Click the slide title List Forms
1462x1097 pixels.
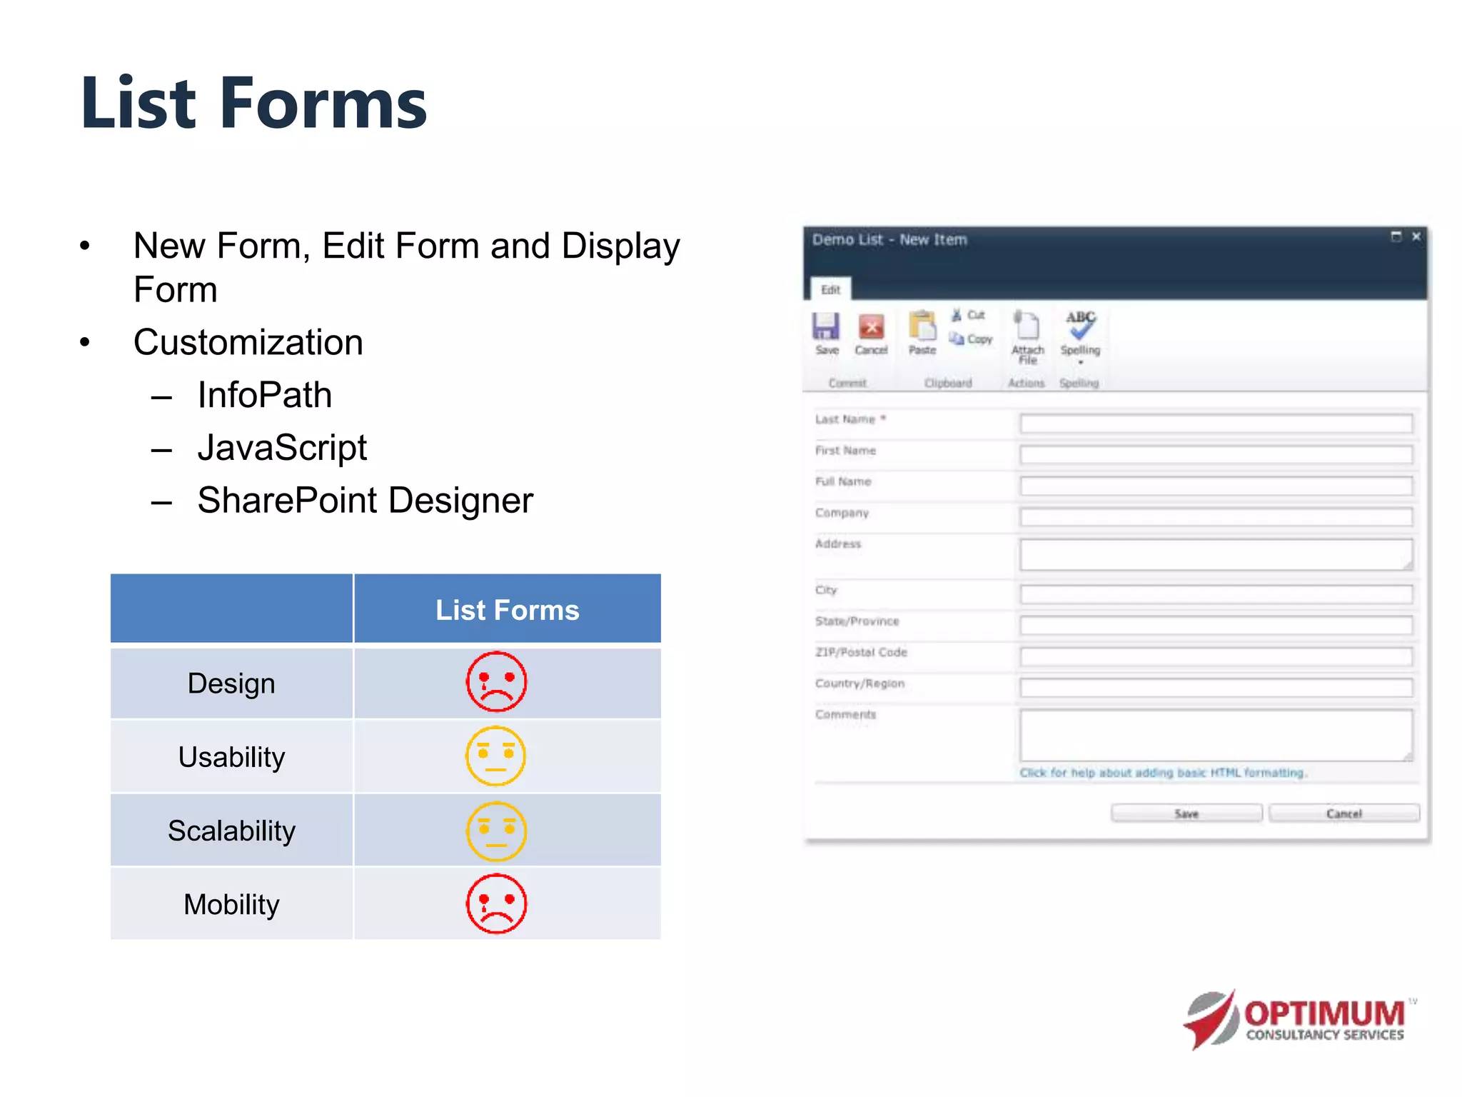tap(253, 104)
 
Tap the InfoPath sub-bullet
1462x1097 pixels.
tap(264, 395)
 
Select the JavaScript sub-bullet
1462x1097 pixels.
tap(282, 448)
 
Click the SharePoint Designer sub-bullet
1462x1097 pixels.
tap(365, 500)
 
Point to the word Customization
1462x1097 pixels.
tap(248, 342)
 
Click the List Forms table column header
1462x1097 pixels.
tap(507, 610)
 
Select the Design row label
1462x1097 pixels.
tap(231, 683)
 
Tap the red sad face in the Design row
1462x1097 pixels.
tap(496, 681)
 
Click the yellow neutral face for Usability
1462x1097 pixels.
tap(495, 756)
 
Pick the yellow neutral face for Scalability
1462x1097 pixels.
tap(496, 831)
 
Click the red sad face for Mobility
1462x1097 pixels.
tap(496, 903)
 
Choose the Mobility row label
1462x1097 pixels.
tap(231, 904)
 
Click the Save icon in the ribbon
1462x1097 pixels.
tap(826, 327)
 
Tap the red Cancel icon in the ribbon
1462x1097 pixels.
tap(871, 327)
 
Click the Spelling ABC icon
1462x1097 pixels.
tap(1080, 325)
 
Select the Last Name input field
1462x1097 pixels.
tap(1216, 424)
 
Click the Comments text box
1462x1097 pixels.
tap(1216, 735)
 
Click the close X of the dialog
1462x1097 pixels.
tap(1416, 236)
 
